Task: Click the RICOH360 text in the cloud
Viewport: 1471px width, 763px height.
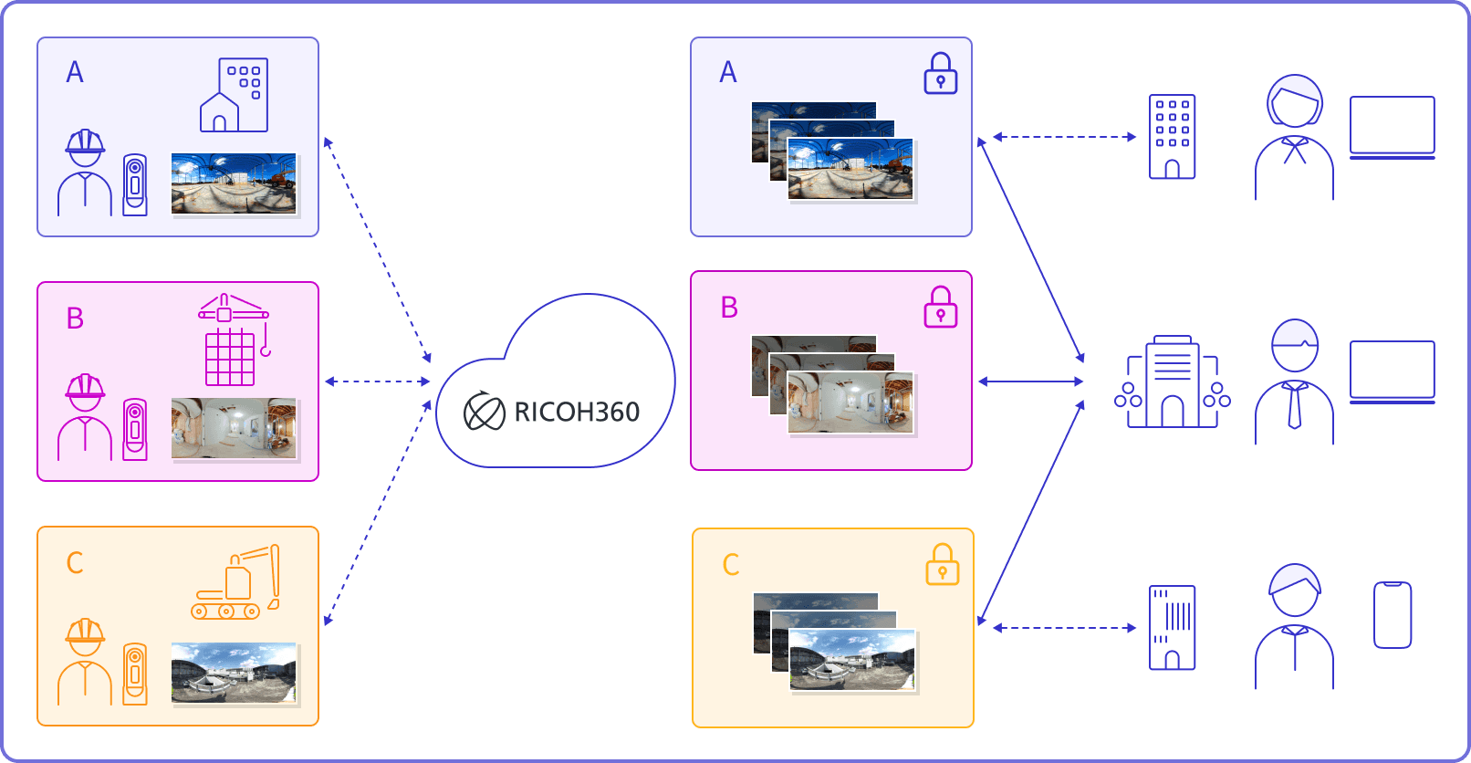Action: (x=577, y=413)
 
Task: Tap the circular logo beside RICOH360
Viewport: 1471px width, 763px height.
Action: (x=484, y=413)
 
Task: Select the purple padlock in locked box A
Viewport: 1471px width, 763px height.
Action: (x=940, y=74)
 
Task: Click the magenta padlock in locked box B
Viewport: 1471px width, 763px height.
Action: (x=940, y=308)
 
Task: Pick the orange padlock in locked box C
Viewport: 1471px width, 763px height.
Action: (x=942, y=565)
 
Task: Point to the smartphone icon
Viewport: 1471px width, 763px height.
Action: (x=1392, y=615)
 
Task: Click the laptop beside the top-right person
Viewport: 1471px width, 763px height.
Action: (x=1392, y=127)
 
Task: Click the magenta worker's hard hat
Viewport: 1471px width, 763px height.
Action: (x=85, y=390)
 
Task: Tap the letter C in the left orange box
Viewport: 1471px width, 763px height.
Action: (x=75, y=563)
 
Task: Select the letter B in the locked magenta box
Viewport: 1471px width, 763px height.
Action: (x=729, y=308)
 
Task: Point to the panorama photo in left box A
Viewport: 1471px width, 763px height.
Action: (x=234, y=183)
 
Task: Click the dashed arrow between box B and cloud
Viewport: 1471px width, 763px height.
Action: (x=377, y=381)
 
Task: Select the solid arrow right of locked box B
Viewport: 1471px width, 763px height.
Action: (x=1030, y=381)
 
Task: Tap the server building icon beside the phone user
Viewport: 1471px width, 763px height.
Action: (x=1172, y=628)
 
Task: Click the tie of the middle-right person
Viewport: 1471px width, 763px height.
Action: (x=1294, y=407)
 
